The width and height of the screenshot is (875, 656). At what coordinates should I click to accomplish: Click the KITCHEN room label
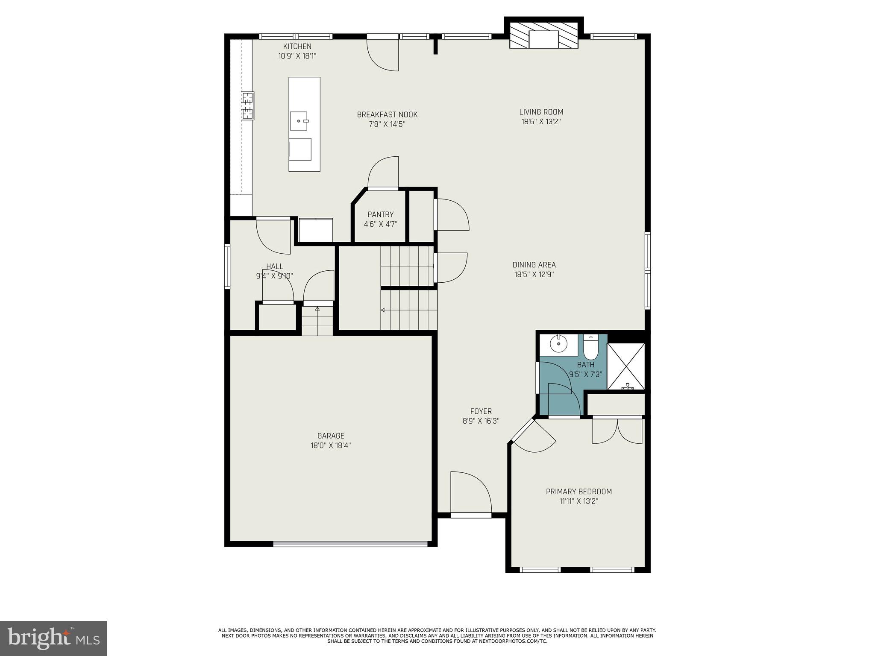tap(297, 46)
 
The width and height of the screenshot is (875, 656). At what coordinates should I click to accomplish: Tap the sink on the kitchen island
tap(299, 121)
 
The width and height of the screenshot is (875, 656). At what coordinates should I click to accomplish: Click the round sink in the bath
tap(558, 343)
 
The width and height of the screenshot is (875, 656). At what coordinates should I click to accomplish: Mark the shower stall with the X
tap(626, 366)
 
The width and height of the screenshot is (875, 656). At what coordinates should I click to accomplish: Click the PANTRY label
tap(380, 214)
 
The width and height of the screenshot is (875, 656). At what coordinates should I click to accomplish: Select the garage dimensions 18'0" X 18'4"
tap(331, 445)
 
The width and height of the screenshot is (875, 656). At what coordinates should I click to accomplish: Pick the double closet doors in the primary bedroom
tap(617, 431)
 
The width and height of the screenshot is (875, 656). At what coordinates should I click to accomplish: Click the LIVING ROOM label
tap(541, 112)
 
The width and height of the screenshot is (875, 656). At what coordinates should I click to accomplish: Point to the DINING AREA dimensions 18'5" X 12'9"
tap(534, 275)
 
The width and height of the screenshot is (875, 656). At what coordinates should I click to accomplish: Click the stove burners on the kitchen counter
tap(247, 105)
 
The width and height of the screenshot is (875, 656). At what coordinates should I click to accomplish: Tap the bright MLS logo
tap(53, 638)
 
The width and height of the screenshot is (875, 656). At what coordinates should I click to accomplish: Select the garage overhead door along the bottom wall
tap(350, 544)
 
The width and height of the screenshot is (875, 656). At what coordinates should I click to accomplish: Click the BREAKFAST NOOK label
tap(387, 114)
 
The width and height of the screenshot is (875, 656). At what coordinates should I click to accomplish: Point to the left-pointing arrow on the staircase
tap(383, 310)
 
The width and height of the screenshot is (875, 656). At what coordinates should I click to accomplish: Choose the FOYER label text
tap(481, 411)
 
